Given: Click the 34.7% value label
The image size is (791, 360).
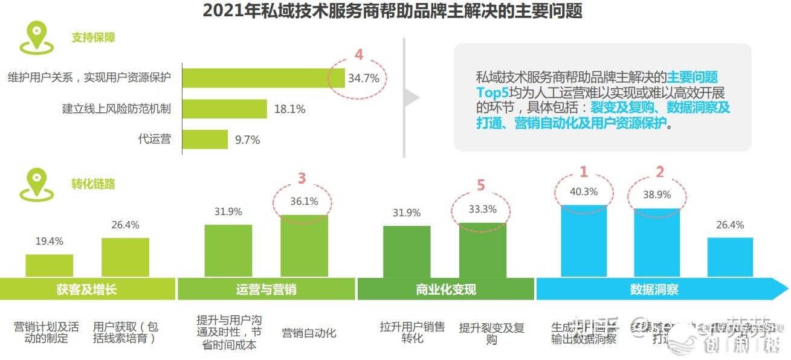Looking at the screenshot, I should tap(364, 78).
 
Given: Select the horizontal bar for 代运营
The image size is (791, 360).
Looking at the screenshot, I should tap(205, 140).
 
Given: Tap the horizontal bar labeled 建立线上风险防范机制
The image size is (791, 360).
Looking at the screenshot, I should tap(224, 109).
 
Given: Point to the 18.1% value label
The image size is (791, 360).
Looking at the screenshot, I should tap(290, 109).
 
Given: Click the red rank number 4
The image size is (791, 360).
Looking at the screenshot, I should tap(359, 55).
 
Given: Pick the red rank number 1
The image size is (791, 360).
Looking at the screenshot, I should tap(583, 172).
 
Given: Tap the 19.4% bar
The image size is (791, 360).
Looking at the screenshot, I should tap(49, 265).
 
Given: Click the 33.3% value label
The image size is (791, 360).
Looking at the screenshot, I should tap(482, 210).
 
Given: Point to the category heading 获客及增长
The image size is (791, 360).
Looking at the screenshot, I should tap(86, 289).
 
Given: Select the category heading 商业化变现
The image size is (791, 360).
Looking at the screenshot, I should tap(446, 289).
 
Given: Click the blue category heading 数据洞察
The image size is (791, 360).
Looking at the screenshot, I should tap(654, 289).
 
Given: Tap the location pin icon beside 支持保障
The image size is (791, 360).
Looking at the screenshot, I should tap(37, 37).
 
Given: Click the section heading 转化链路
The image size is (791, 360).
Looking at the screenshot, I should tap(92, 184).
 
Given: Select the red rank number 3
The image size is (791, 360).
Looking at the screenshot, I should tap(302, 178).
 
